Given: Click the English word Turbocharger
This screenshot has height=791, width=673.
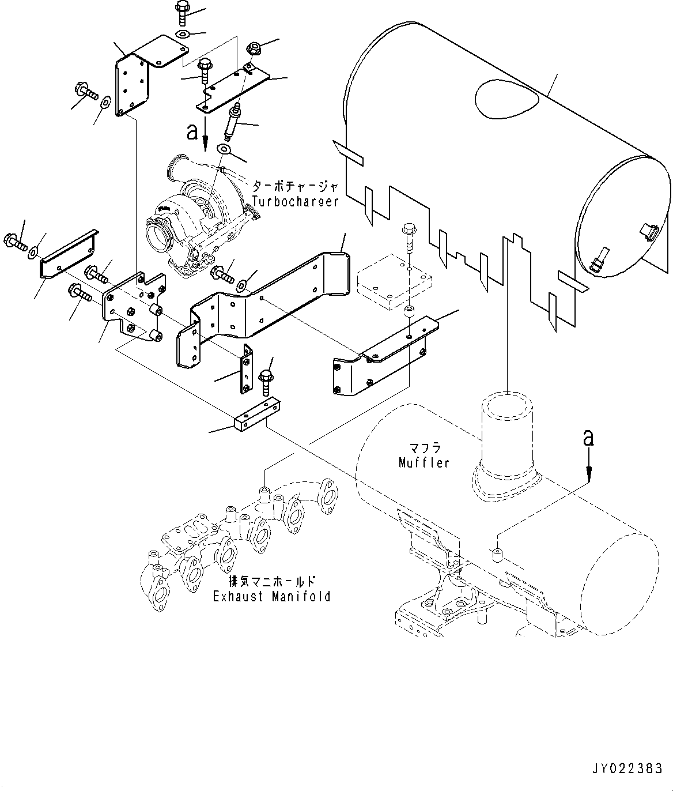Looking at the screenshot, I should pos(295,201).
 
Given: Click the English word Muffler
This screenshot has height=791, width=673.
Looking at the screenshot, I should pos(424,462).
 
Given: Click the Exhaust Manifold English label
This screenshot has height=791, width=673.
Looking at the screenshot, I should pos(272,596).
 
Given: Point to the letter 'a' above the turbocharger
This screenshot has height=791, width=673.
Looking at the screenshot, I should pos(192,133).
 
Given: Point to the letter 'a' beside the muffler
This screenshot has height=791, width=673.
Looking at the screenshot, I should pos(588,438).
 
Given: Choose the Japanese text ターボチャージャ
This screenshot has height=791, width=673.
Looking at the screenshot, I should pos(294,187).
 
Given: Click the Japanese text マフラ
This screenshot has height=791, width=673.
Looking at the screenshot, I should pos(424,448).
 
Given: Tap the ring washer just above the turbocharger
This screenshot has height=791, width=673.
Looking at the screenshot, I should pos(224,150).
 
